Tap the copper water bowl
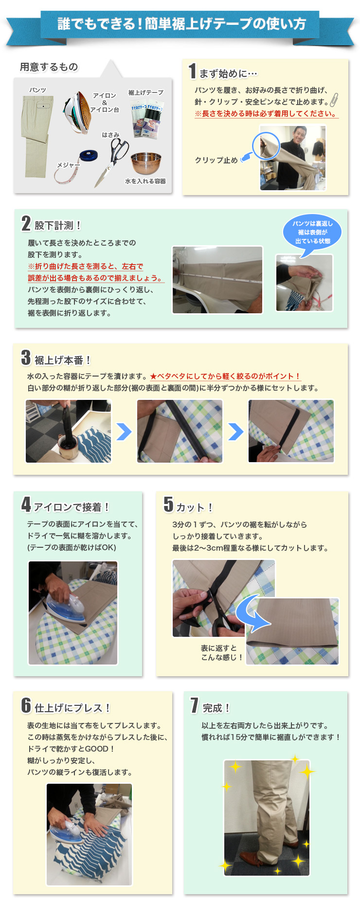coord(146,164)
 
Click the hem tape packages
coord(148,120)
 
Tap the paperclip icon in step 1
coord(334,100)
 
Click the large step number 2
coord(26,223)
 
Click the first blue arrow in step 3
coord(124,431)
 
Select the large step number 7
coord(195,705)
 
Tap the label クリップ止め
coord(216,160)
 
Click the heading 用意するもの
coord(49,67)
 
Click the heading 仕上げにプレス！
coord(73,708)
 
